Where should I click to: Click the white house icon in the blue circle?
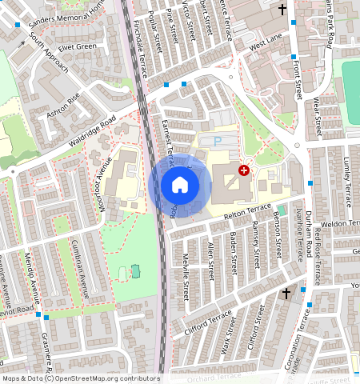coord(180,185)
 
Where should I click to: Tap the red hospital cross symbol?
coord(244,170)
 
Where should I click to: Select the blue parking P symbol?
coord(218,142)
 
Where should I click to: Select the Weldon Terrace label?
coord(340,224)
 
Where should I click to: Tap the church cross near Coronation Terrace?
coord(286,294)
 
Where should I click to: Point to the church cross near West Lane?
coord(282,10)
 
